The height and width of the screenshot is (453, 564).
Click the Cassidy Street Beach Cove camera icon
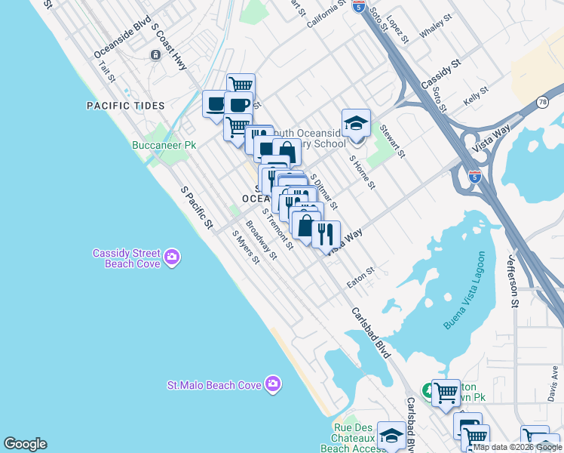point(173,258)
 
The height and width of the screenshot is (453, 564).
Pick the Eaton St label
point(360,277)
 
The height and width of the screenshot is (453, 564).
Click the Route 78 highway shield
point(542,102)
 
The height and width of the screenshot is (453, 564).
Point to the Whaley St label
point(436,25)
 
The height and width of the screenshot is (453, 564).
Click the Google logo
point(25,444)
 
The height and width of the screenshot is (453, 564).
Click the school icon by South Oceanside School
point(356,123)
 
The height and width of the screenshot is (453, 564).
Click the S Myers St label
point(246,247)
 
